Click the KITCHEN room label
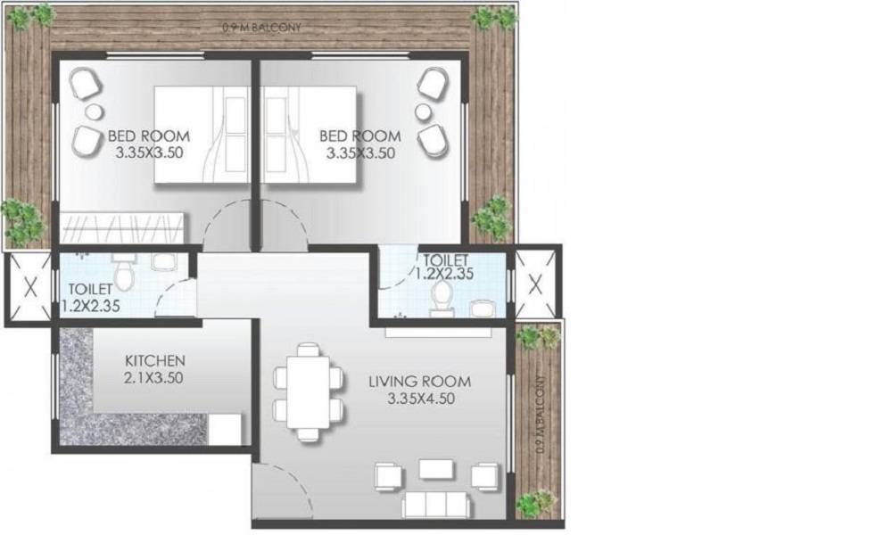(154, 360)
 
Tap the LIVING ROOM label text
(420, 382)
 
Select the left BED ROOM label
(149, 136)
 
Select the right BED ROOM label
(360, 136)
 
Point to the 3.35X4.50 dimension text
(421, 399)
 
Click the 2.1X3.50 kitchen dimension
(154, 377)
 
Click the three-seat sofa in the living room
(437, 504)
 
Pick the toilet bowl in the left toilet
(124, 279)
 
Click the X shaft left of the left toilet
(28, 288)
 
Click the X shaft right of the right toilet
(534, 285)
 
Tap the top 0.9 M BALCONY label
(262, 28)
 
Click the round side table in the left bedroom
(94, 111)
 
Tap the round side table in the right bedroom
(423, 111)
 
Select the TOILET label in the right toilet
(444, 259)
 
